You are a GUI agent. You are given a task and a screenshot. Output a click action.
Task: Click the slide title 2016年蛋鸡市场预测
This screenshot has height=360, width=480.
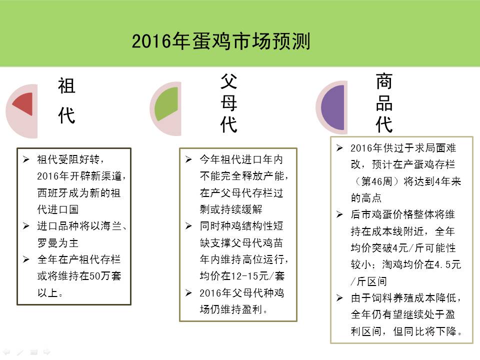pos(221,41)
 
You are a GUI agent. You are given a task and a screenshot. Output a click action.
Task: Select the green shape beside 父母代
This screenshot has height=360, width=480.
pos(166,104)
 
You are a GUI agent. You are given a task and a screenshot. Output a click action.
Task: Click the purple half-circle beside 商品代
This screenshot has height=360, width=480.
pos(333,107)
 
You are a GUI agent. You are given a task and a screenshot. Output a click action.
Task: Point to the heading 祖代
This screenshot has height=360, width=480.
pos(66,100)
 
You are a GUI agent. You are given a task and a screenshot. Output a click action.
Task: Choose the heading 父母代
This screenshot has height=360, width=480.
pos(228,103)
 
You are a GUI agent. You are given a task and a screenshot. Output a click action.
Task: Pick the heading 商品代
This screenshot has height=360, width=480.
pos(384,102)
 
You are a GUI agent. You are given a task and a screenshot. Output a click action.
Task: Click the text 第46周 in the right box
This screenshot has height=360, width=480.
pos(377,181)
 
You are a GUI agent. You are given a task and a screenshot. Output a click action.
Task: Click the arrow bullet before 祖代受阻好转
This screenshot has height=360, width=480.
pos(26,159)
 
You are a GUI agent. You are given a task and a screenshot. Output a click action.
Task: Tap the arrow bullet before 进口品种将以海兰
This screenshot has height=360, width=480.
pos(26,226)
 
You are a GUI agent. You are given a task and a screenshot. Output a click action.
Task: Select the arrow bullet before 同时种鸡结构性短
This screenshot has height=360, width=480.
pos(188,226)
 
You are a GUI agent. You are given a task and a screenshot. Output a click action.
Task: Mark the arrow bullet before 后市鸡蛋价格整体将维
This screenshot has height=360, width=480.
pos(339,214)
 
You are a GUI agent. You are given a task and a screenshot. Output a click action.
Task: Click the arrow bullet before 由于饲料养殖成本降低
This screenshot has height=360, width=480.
pos(339,297)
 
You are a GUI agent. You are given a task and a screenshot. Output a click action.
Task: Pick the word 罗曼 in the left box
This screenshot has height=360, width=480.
pos(47,243)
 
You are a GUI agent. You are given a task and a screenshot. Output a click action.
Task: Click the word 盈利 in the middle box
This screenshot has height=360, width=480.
pos(252,309)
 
